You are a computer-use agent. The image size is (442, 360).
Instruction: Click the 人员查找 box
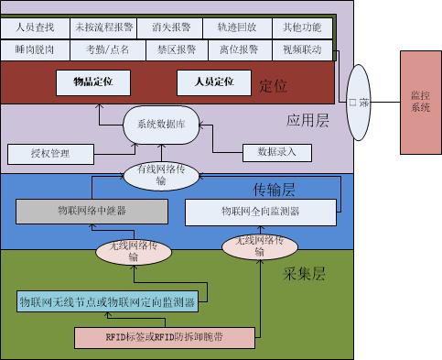click(x=36, y=27)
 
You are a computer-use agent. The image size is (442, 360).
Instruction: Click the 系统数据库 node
click(x=161, y=125)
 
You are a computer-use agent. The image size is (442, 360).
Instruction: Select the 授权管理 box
click(x=50, y=152)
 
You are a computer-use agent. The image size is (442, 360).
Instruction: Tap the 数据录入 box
click(x=272, y=151)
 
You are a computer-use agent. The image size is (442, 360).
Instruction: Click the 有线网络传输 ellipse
click(x=161, y=174)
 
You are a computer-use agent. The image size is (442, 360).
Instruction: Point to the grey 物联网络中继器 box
click(x=91, y=212)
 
